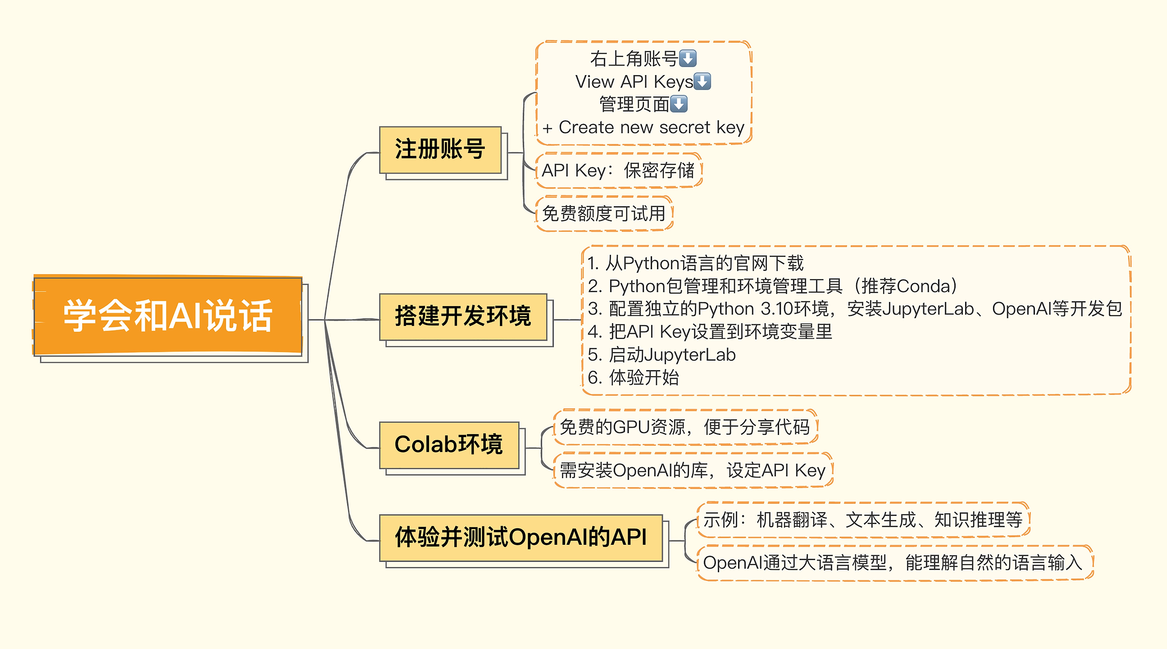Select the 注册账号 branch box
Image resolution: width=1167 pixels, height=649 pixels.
point(440,150)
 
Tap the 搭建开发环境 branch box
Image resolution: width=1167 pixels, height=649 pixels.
point(463,317)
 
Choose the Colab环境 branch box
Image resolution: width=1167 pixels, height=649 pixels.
point(449,445)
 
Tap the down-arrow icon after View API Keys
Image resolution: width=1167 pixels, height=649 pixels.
point(702,81)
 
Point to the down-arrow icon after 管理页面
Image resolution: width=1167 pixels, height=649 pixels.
point(679,104)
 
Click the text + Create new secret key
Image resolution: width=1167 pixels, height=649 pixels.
point(643,128)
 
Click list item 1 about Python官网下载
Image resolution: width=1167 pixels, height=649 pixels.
point(695,263)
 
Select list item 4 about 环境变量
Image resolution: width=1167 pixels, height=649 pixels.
point(710,332)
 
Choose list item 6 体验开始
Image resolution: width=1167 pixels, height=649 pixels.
point(633,377)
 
